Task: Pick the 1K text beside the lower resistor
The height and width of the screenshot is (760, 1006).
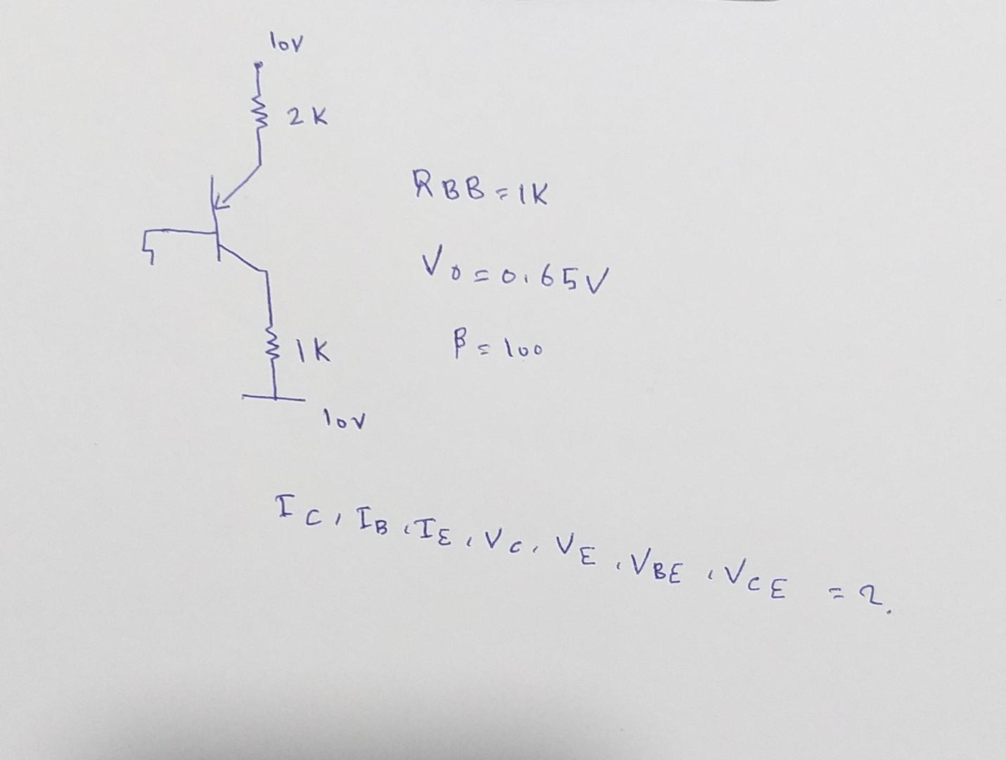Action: (312, 350)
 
